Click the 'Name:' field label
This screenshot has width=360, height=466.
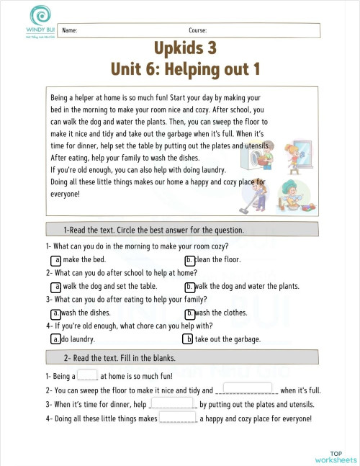[70, 31]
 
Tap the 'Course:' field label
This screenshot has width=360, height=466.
[198, 31]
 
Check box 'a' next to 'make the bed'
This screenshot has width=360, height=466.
[55, 260]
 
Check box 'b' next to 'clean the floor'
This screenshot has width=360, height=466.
[189, 260]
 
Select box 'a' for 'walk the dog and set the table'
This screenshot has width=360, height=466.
[55, 287]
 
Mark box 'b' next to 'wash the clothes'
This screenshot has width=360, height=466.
[189, 313]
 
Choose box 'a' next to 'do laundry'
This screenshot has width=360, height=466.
[55, 339]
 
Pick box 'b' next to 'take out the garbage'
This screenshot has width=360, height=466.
[188, 339]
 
